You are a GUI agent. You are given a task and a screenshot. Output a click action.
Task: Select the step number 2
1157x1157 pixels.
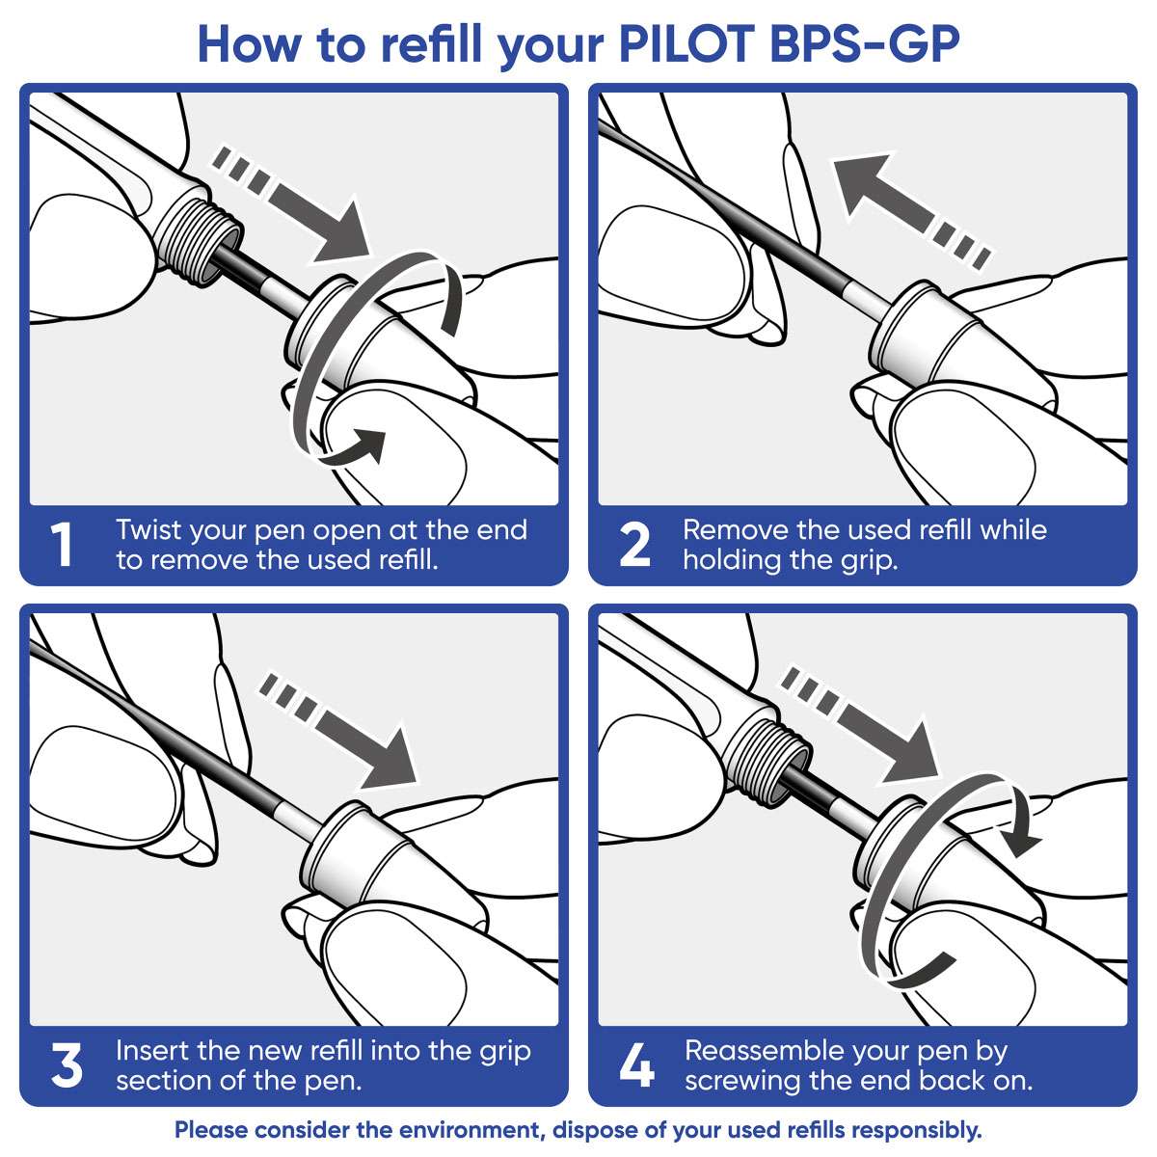pyautogui.click(x=633, y=545)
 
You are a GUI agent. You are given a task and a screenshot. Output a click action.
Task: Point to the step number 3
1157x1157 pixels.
pyautogui.click(x=66, y=1065)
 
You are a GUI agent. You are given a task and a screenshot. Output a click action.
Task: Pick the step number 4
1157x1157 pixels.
pyautogui.click(x=636, y=1065)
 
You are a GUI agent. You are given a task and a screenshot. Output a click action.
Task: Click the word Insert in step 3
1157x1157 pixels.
pyautogui.click(x=151, y=1050)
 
